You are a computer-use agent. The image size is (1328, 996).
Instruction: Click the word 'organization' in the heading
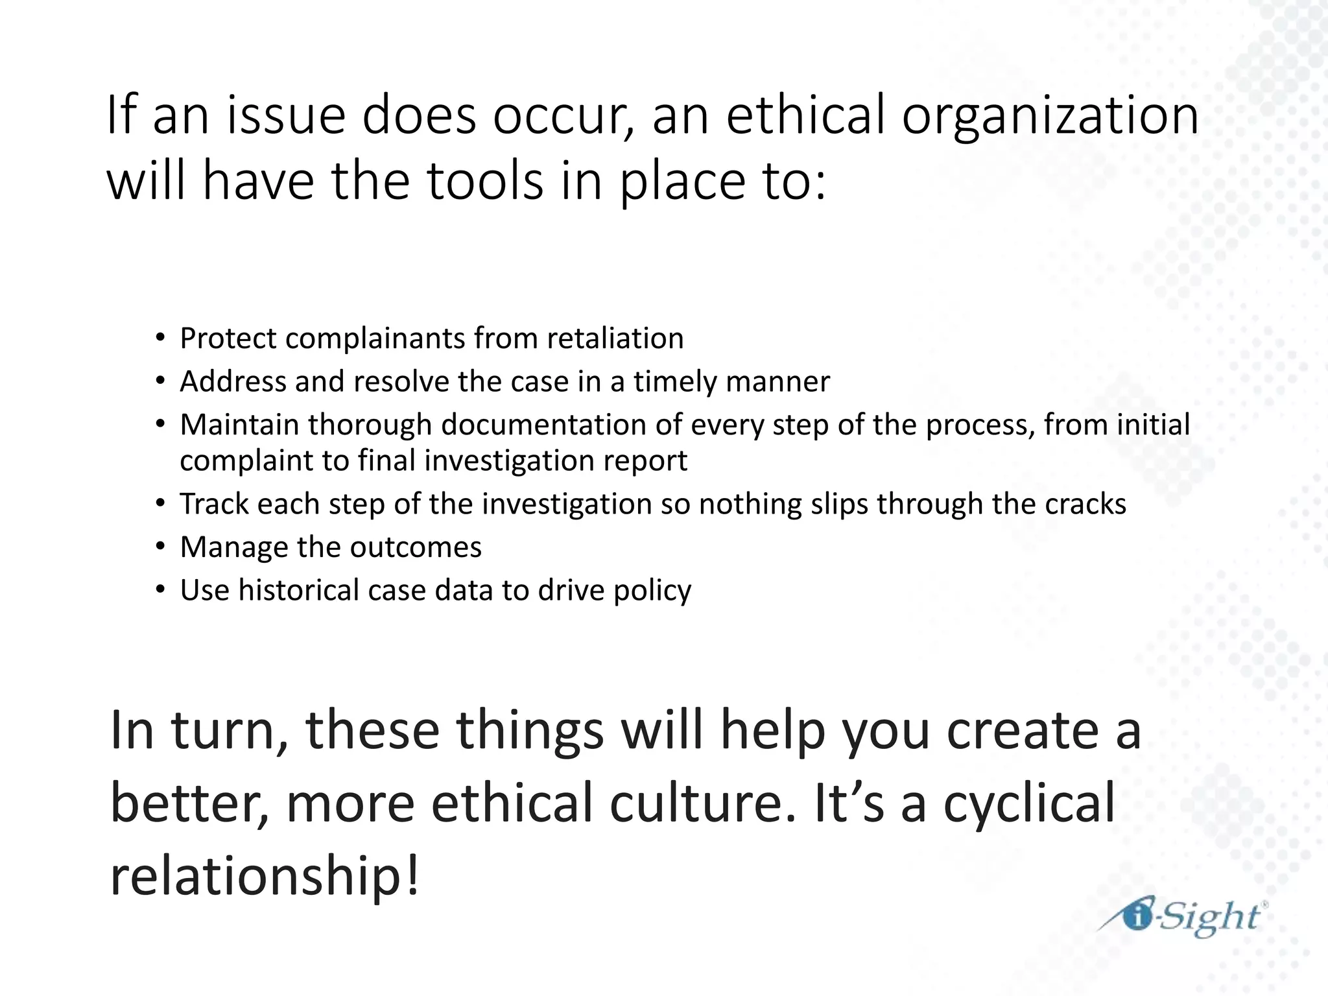tap(1050, 117)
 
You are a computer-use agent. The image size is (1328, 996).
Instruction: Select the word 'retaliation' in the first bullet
tap(615, 338)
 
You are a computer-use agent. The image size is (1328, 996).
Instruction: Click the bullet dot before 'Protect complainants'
tap(160, 339)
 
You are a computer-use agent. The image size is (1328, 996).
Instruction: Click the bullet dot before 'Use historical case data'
tap(160, 591)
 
